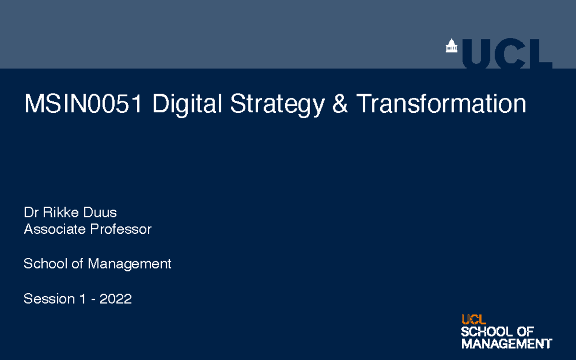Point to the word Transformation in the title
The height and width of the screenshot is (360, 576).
[441, 104]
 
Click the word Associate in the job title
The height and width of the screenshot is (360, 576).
[55, 229]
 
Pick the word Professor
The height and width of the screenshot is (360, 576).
[120, 229]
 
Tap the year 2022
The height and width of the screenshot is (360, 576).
[116, 299]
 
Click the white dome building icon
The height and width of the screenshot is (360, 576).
[451, 46]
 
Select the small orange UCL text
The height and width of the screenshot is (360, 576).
[474, 320]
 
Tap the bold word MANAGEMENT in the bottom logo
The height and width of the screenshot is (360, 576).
[506, 344]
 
